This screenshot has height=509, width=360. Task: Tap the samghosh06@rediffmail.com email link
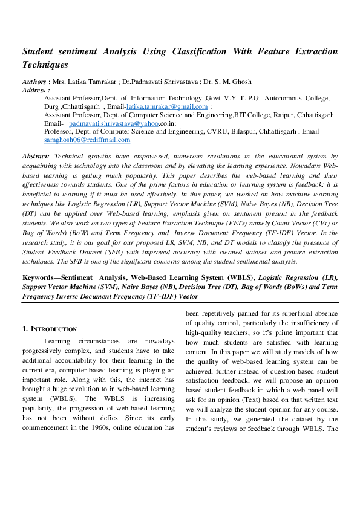87,140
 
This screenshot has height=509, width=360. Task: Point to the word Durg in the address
51,106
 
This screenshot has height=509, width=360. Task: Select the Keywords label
44,277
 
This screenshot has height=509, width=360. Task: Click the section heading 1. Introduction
50,329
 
